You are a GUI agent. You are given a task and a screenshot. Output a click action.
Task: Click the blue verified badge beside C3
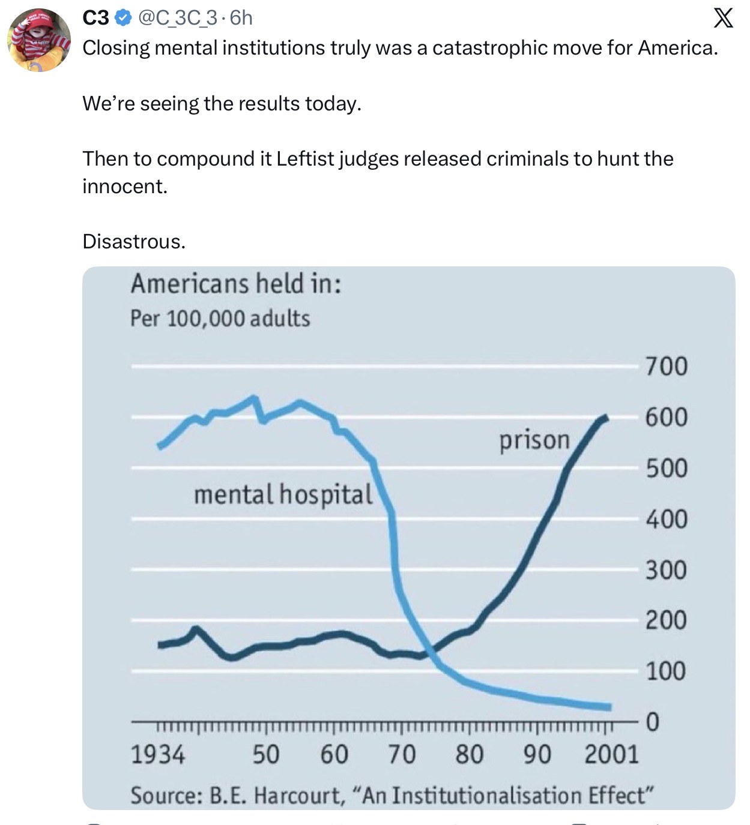coord(122,18)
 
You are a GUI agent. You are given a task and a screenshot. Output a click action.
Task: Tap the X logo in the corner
coord(723,18)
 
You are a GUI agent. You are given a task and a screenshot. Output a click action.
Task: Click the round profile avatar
coord(39,40)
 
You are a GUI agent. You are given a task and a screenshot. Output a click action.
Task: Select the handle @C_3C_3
coord(177,18)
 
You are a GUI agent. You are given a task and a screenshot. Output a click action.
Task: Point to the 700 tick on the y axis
coord(666,366)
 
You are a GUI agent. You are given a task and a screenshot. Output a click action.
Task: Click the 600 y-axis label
coord(666,416)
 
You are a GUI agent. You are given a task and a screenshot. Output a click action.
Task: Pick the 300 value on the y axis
coord(666,570)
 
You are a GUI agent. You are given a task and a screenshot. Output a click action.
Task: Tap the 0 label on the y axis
coord(653,722)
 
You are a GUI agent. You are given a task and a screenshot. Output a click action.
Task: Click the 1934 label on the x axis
coord(158,755)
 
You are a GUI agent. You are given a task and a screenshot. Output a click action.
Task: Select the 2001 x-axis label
coord(612,755)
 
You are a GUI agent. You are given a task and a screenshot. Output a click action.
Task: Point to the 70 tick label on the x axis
coord(402,755)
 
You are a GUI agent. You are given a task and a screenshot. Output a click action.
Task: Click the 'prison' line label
coord(534,441)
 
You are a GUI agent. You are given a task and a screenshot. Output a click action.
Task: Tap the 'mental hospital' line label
coord(283,494)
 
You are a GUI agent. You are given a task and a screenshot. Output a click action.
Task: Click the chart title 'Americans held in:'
coord(236,284)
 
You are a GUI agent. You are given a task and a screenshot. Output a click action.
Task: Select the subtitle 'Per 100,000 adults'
coord(220,319)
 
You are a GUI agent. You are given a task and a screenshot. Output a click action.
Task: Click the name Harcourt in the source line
coord(297,795)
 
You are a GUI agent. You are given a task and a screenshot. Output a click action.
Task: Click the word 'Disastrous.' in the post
coord(134,241)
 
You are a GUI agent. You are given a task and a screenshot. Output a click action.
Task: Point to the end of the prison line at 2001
coord(606,418)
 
